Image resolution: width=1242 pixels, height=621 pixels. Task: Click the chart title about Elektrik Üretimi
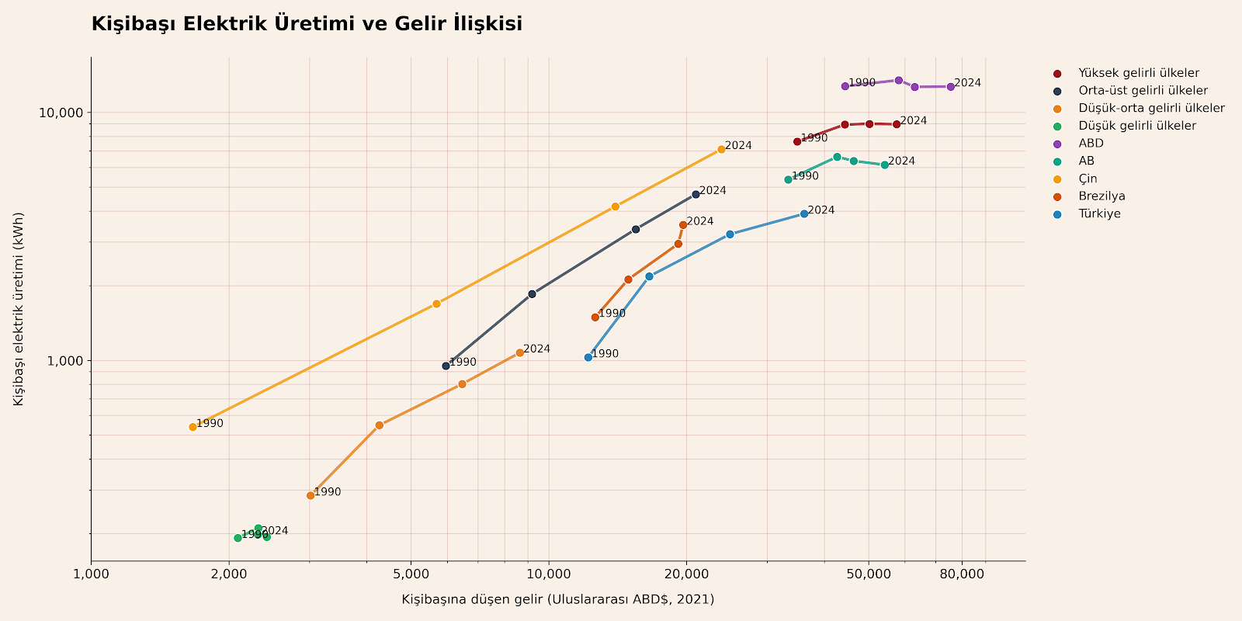pyautogui.click(x=307, y=24)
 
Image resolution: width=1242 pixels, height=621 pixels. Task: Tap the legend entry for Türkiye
pyautogui.click(x=1099, y=214)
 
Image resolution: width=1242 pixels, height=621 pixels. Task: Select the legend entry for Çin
pyautogui.click(x=1088, y=179)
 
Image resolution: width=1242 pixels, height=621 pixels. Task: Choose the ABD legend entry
pyautogui.click(x=1091, y=144)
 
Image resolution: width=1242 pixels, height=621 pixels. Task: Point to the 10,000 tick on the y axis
pyautogui.click(x=61, y=113)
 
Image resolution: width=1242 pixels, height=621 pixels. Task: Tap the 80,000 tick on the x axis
pyautogui.click(x=962, y=574)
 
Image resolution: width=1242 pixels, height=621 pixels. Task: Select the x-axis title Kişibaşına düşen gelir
pyautogui.click(x=557, y=599)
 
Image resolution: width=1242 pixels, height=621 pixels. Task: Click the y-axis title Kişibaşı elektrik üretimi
pyautogui.click(x=19, y=308)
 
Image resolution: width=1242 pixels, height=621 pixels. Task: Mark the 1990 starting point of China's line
pyautogui.click(x=193, y=427)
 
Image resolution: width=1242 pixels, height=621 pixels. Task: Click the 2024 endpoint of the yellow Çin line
pyautogui.click(x=721, y=149)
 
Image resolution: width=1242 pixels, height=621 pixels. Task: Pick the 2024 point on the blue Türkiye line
pyautogui.click(x=804, y=213)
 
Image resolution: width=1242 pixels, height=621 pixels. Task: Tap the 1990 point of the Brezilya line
pyautogui.click(x=595, y=317)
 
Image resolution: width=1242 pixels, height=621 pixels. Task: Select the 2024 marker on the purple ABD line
pyautogui.click(x=951, y=87)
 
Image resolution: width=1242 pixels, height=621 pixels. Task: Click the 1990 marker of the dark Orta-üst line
pyautogui.click(x=446, y=366)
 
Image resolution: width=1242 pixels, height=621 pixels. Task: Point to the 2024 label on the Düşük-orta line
pyautogui.click(x=536, y=349)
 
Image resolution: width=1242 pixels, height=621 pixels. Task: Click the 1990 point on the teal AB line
pyautogui.click(x=788, y=179)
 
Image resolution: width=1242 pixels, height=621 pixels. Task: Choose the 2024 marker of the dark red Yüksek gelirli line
pyautogui.click(x=897, y=124)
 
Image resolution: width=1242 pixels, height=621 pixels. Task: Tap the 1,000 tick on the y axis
pyautogui.click(x=64, y=361)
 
